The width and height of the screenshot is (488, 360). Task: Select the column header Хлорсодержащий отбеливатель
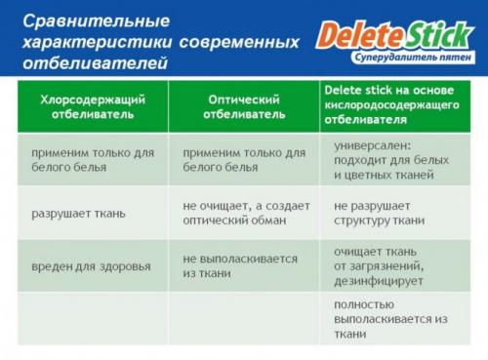click(x=91, y=106)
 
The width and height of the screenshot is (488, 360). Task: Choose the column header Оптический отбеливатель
click(x=244, y=106)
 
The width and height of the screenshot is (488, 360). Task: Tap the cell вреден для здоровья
click(x=91, y=266)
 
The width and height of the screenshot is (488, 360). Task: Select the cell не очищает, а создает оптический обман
click(x=245, y=214)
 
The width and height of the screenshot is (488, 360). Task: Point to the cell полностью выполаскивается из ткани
click(x=390, y=319)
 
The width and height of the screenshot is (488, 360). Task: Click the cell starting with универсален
click(x=391, y=161)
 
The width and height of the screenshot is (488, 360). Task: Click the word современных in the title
click(x=239, y=42)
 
